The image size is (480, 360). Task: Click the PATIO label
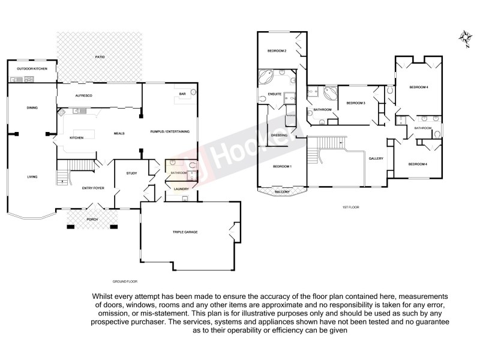pyautogui.click(x=100, y=56)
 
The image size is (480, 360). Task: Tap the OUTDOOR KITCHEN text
pyautogui.click(x=32, y=69)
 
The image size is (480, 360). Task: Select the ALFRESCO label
pyautogui.click(x=82, y=96)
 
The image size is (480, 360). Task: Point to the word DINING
pyautogui.click(x=32, y=108)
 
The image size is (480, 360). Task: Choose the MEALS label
pyautogui.click(x=119, y=133)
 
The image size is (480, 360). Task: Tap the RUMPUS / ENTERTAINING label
pyautogui.click(x=170, y=131)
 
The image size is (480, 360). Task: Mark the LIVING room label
pyautogui.click(x=32, y=177)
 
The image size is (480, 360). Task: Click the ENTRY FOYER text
pyautogui.click(x=93, y=188)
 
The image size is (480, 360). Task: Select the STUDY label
pyautogui.click(x=131, y=174)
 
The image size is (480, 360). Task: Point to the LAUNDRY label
pyautogui.click(x=181, y=189)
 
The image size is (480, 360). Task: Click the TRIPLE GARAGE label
pyautogui.click(x=185, y=232)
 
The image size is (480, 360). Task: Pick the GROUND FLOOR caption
pyautogui.click(x=125, y=281)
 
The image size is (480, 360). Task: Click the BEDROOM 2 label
pyautogui.click(x=277, y=51)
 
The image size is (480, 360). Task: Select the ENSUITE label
pyautogui.click(x=275, y=95)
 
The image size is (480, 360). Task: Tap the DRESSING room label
pyautogui.click(x=280, y=136)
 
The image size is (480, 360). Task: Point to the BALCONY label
pyautogui.click(x=281, y=192)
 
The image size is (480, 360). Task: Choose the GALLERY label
pyautogui.click(x=376, y=158)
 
